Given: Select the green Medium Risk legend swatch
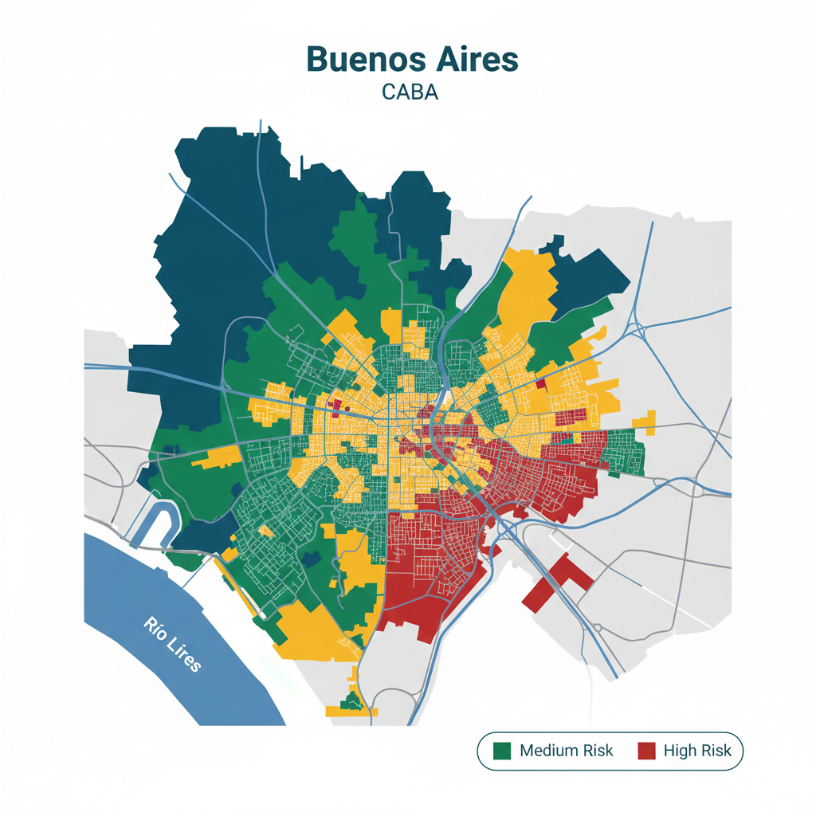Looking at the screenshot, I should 502,751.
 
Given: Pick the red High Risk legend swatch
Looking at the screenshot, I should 646,751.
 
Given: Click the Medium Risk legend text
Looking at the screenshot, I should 566,751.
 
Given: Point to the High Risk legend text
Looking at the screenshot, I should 697,751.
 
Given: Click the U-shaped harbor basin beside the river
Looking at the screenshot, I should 159,522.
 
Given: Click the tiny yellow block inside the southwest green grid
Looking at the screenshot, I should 266,532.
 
